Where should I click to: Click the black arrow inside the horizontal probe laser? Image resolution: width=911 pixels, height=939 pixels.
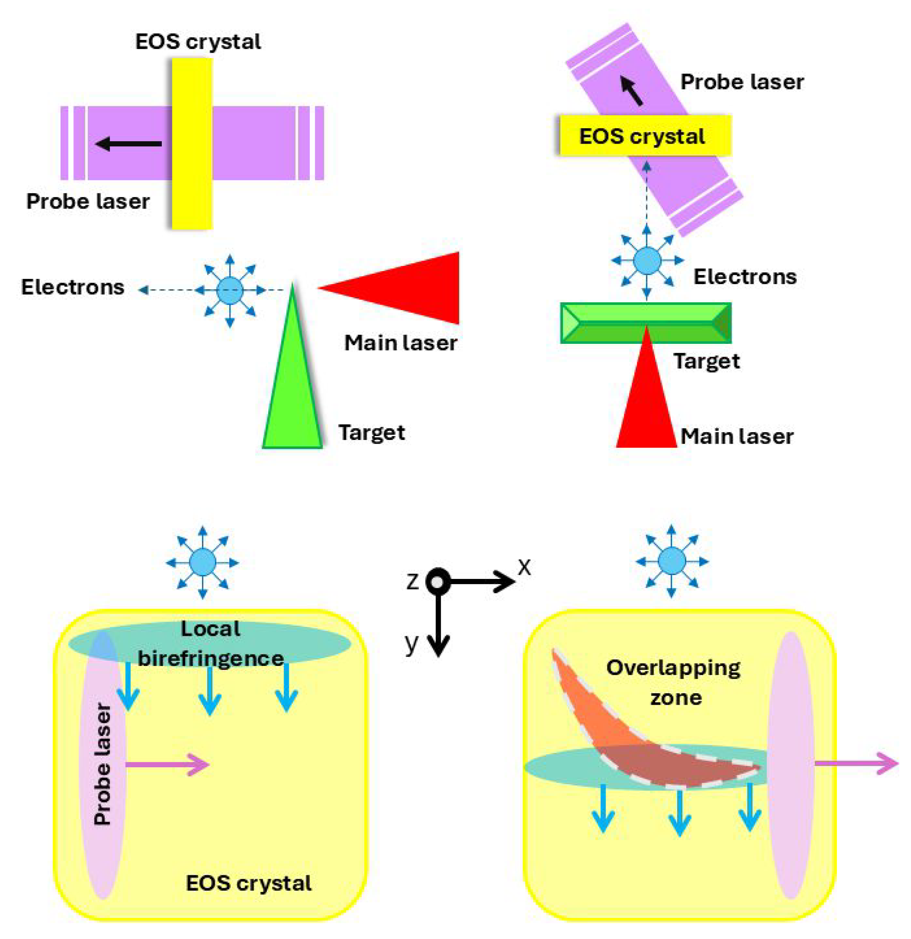click(x=129, y=143)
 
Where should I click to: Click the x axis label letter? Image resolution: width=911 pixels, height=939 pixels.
click(x=525, y=567)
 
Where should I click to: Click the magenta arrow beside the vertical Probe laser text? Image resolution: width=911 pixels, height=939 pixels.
click(x=168, y=764)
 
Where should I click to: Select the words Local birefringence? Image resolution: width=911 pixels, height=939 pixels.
click(x=211, y=643)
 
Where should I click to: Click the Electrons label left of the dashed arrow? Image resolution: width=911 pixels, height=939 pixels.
click(x=73, y=287)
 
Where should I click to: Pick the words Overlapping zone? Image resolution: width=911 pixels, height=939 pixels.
click(x=673, y=682)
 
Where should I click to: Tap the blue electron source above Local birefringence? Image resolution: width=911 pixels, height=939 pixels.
click(x=203, y=562)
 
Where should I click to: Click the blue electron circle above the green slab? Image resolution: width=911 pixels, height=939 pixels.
click(x=647, y=261)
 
